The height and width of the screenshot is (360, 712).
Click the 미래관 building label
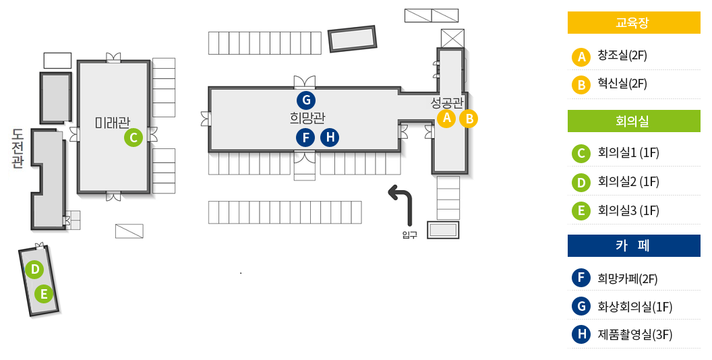pos(112,123)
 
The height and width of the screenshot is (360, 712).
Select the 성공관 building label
pos(447,102)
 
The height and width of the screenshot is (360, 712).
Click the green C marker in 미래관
pos(133,138)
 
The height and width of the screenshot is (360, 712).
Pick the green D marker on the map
pos(34,270)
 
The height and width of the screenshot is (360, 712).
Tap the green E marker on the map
pos(44,294)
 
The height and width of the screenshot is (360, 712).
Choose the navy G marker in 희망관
pos(306,100)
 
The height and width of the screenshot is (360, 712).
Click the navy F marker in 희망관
pos(306,138)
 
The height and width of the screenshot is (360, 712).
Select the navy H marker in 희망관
pos(330,138)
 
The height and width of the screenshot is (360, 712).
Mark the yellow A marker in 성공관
pos(445,119)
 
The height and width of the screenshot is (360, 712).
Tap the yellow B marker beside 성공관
pos(469,119)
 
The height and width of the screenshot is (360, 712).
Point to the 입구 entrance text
pos(409,235)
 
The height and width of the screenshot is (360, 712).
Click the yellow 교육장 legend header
pos(634,23)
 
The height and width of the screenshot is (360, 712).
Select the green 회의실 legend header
pos(634,121)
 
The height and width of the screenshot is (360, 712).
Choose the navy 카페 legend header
pos(634,246)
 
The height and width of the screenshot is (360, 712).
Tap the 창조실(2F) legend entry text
pos(622,56)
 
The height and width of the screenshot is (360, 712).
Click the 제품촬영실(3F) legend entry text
pos(634,334)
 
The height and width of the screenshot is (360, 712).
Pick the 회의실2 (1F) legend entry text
pos(628,182)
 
